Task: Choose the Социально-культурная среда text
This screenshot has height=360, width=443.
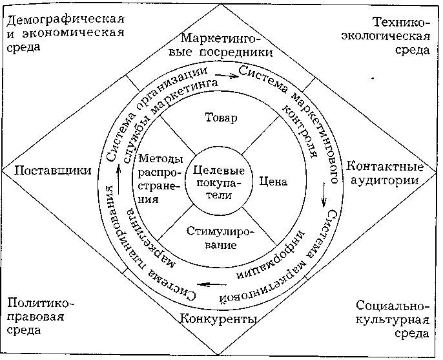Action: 393,320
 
